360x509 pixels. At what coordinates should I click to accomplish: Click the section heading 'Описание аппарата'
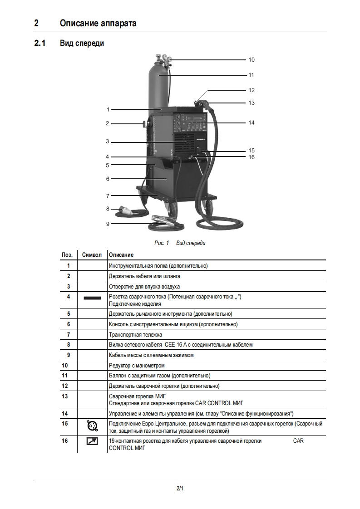point(98,23)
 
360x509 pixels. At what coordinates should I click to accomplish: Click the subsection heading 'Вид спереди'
point(82,44)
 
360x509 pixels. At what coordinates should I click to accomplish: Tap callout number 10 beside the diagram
point(251,59)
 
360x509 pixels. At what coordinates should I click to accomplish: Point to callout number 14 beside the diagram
point(251,122)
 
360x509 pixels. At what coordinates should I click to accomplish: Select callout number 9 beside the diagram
point(108,223)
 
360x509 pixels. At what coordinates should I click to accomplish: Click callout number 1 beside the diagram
point(108,109)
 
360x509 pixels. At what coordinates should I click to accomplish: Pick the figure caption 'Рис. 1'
point(162,243)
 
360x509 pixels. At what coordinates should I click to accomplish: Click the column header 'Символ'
point(92,254)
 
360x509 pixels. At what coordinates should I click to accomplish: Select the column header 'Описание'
point(121,254)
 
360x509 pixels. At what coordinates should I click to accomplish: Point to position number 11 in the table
point(69,376)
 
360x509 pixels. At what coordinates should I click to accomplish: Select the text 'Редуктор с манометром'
point(137,365)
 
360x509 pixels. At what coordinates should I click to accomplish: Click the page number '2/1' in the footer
point(180,488)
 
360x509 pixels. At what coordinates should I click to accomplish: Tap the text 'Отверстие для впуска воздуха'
point(144,287)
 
